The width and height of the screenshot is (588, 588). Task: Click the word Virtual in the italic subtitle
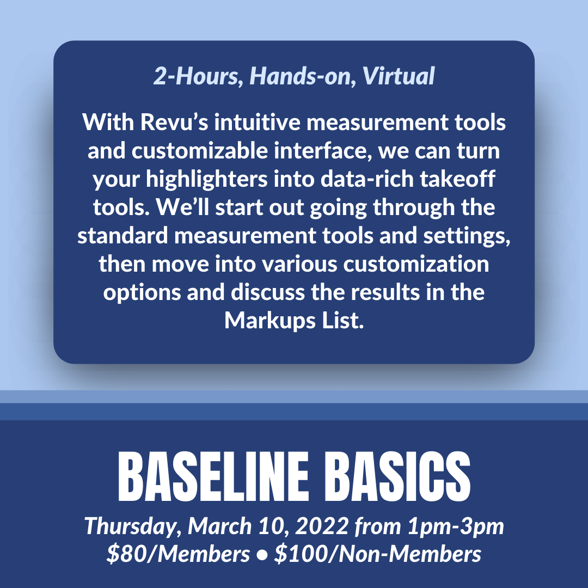tap(398, 76)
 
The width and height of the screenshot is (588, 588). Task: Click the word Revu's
tap(174, 122)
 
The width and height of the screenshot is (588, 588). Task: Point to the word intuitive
tap(257, 122)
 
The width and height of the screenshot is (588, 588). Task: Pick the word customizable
tap(199, 151)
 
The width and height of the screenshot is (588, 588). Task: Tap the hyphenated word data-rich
tap(367, 179)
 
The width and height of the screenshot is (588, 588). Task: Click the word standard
tap(122, 236)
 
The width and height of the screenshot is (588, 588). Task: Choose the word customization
tap(416, 264)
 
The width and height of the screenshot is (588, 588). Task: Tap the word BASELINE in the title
tap(213, 476)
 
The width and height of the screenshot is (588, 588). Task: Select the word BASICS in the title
tap(397, 476)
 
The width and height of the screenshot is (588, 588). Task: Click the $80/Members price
tap(178, 554)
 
